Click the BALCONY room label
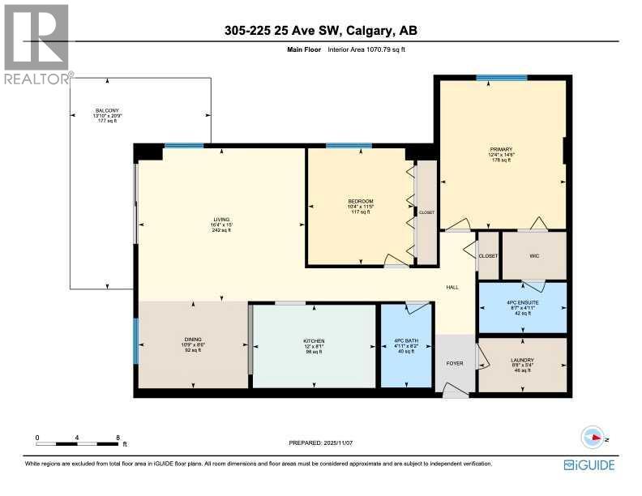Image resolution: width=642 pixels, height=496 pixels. pyautogui.click(x=107, y=110)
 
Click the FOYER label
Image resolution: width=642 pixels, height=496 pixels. pyautogui.click(x=455, y=363)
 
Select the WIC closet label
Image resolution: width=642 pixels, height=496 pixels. pyautogui.click(x=533, y=255)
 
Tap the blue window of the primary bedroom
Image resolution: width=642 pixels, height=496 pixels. pyautogui.click(x=501, y=78)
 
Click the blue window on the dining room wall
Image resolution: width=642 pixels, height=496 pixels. pyautogui.click(x=136, y=340)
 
